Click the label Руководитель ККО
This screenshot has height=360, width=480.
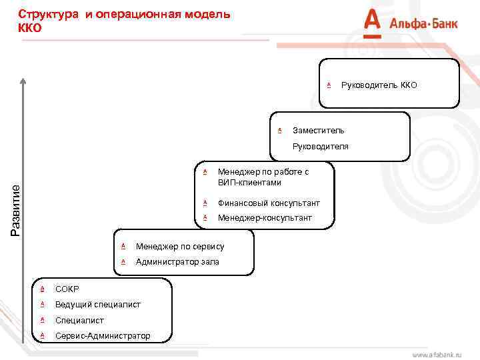pyautogui.click(x=379, y=85)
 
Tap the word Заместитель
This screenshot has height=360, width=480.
pyautogui.click(x=319, y=130)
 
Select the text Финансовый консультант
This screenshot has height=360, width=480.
pyautogui.click(x=269, y=203)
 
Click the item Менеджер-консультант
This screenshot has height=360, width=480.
pyautogui.click(x=265, y=218)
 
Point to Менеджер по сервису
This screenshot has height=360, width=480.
pyautogui.click(x=180, y=247)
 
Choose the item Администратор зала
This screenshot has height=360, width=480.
pyautogui.click(x=177, y=262)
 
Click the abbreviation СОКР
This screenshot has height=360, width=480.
pyautogui.click(x=67, y=289)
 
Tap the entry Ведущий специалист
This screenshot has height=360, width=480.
pyautogui.click(x=98, y=305)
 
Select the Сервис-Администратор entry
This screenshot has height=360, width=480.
pyautogui.click(x=103, y=336)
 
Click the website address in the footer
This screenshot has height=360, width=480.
pyautogui.click(x=437, y=354)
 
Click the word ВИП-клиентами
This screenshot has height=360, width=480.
pyautogui.click(x=249, y=183)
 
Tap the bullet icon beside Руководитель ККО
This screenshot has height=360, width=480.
pyautogui.click(x=329, y=85)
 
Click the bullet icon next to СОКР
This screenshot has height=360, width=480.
pyautogui.click(x=42, y=289)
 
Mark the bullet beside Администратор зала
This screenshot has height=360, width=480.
pyautogui.click(x=123, y=262)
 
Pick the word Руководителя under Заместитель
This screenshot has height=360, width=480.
pyautogui.click(x=320, y=146)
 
